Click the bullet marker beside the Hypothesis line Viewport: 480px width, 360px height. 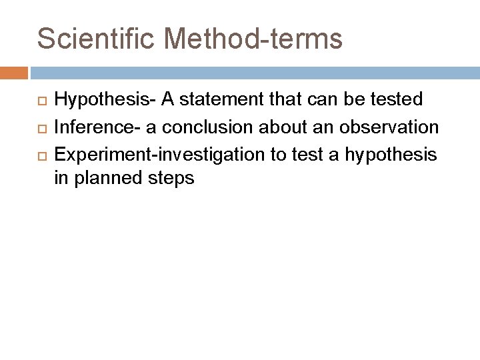(x=41, y=101)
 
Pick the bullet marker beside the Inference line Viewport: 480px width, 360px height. (x=41, y=127)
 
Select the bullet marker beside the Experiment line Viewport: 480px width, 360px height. (x=41, y=153)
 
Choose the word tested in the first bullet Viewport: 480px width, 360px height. (x=397, y=100)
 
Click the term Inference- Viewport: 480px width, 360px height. (x=93, y=127)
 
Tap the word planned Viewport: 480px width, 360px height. (x=108, y=179)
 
